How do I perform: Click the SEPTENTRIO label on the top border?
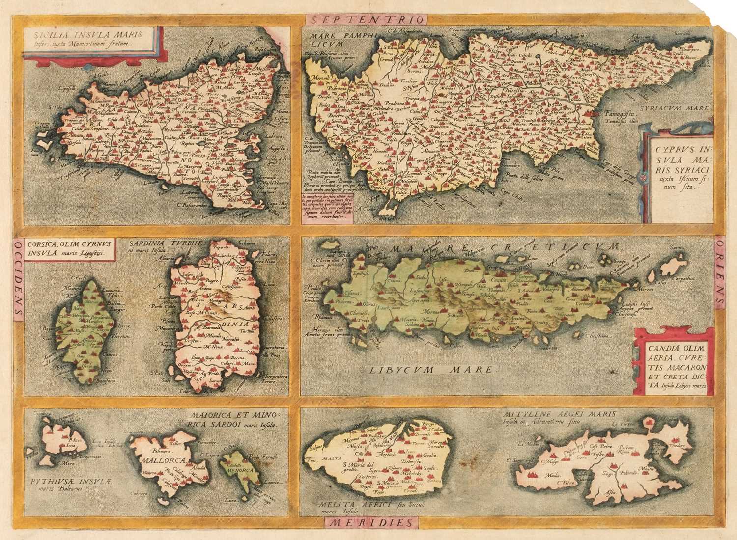click(366, 20)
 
